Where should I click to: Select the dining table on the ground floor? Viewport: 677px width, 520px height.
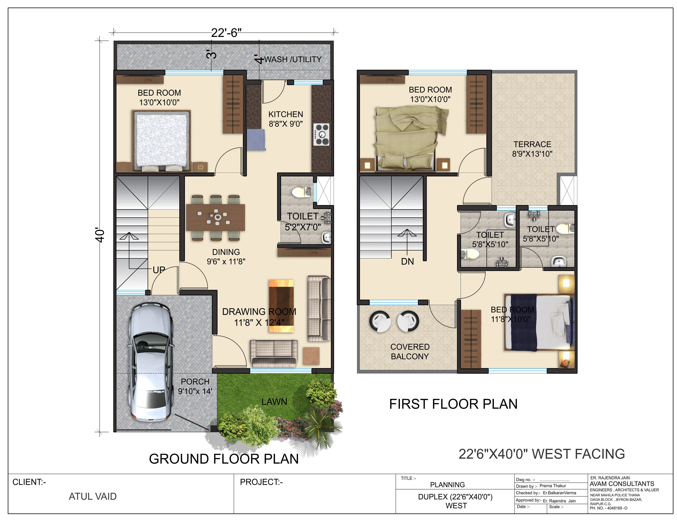(216, 218)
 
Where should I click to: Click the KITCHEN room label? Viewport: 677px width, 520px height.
(286, 114)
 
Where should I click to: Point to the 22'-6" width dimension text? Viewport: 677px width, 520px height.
(226, 32)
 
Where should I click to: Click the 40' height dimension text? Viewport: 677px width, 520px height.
(100, 236)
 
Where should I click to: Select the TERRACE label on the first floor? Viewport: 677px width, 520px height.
(532, 144)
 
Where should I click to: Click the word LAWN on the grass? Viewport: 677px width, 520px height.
(274, 402)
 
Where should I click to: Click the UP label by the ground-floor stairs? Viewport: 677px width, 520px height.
(159, 270)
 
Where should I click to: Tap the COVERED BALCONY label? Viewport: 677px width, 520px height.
(410, 352)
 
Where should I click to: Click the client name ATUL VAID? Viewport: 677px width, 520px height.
(92, 496)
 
